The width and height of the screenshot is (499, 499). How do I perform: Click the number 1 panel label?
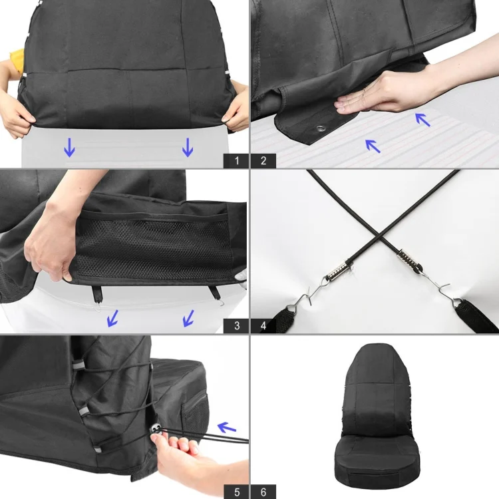[x=236, y=160]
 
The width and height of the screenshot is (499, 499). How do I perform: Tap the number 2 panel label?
[x=263, y=160]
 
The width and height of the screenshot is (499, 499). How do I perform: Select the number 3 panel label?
[x=236, y=326]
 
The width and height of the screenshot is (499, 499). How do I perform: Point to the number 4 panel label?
[x=263, y=326]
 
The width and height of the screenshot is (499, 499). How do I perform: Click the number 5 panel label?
[x=236, y=492]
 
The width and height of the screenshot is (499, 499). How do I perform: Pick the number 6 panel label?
[x=263, y=492]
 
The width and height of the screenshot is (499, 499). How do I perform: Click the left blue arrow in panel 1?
[x=69, y=147]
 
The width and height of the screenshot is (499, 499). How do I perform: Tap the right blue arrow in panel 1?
[x=188, y=147]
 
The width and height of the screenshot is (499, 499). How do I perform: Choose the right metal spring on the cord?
[x=407, y=257]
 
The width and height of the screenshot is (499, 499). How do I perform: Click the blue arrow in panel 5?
[x=228, y=426]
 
